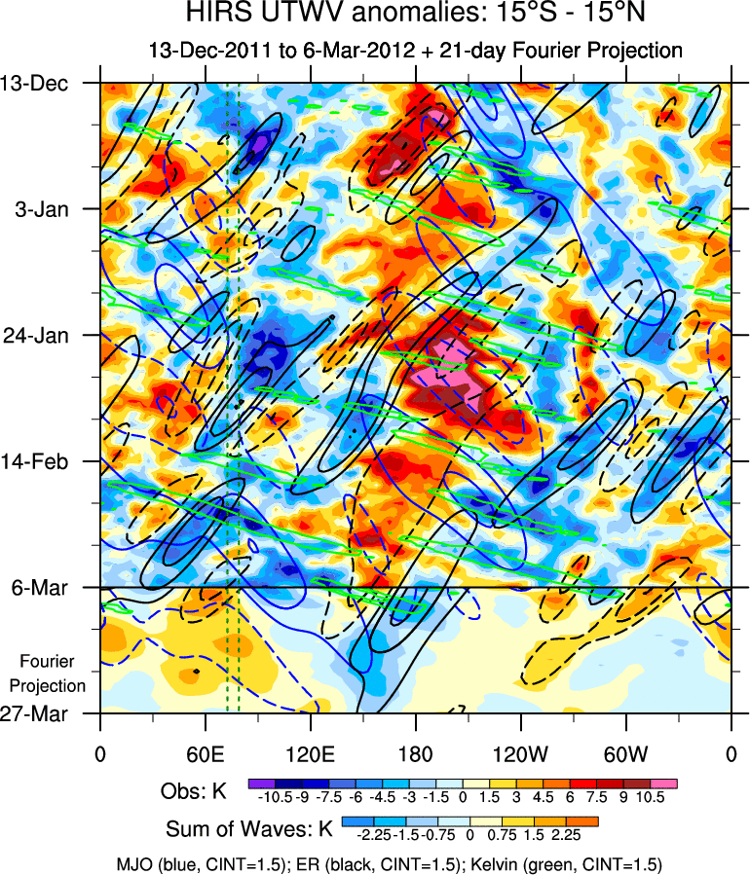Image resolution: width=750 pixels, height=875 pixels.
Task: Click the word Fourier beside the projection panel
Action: point(48,662)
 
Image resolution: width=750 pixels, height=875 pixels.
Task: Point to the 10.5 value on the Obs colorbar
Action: point(650,797)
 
